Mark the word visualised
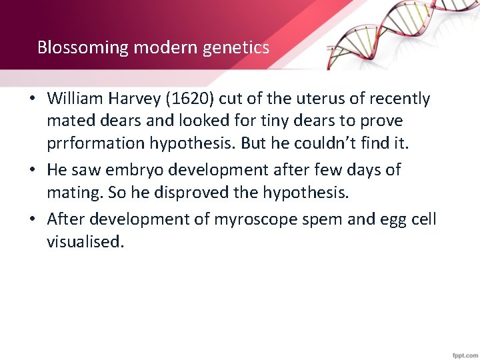(85, 241)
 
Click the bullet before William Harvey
(32, 99)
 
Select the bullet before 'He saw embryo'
(32, 171)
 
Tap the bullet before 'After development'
(32, 218)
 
